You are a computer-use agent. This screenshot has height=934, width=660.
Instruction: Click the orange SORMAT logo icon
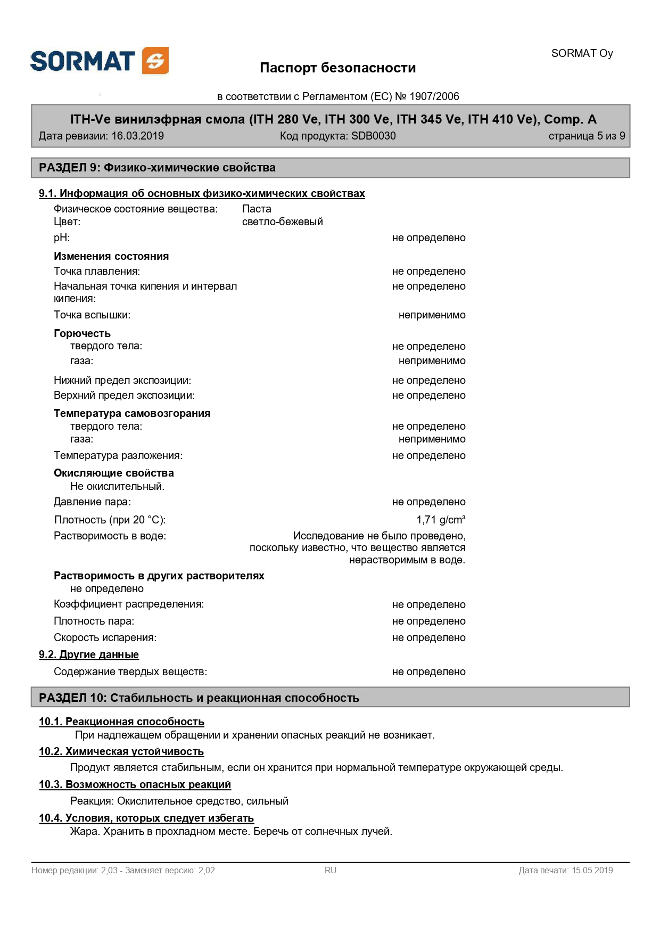pos(155,61)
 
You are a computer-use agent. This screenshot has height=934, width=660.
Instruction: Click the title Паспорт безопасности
pos(337,68)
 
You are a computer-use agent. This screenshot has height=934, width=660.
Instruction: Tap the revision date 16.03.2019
pos(137,136)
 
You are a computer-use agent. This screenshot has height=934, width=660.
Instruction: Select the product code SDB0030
pos(373,136)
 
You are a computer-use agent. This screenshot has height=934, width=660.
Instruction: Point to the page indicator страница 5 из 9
pos(587,136)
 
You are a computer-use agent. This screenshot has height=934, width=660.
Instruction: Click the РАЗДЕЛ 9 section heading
pos(157,168)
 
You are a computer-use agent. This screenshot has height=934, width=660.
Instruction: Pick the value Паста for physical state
pos(257,209)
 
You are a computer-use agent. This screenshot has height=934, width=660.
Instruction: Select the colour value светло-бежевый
pos(282,222)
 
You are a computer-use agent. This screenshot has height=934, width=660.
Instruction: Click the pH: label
pos(62,237)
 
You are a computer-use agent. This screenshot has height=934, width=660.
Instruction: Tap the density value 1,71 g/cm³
pos(441,520)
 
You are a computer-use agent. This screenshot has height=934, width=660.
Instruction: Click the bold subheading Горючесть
pos(82,333)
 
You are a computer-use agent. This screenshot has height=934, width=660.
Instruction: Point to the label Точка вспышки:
pos(92,315)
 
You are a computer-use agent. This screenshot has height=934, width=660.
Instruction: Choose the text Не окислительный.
pos(117,486)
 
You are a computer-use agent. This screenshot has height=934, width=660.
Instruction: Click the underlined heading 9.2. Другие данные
pos(89,654)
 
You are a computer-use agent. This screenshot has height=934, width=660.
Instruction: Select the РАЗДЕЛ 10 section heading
pos(199,698)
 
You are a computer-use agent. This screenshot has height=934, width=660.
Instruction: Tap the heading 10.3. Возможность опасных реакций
pos(135,784)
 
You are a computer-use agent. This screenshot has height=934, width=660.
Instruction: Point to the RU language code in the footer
pos(331,870)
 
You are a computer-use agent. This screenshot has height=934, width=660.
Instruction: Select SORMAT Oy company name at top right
pos(582,53)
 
